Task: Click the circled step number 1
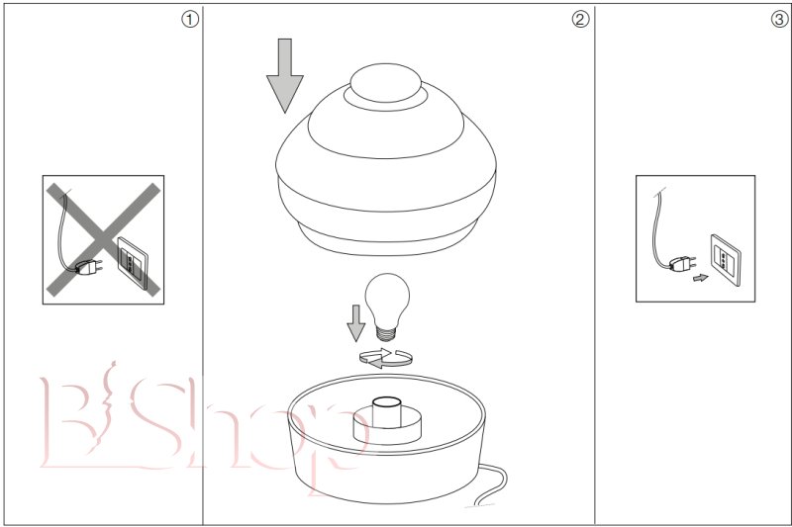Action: tap(189, 20)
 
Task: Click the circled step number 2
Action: tap(580, 20)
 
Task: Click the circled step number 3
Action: tap(779, 20)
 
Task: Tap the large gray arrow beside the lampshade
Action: tap(285, 76)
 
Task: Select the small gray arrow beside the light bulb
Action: tap(356, 323)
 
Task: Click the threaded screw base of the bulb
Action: tap(386, 333)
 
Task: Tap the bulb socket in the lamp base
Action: tap(387, 413)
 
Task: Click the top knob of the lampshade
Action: tap(385, 83)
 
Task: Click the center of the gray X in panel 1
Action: tap(103, 239)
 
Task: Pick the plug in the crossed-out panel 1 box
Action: tap(88, 267)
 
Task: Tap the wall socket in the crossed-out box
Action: tap(133, 263)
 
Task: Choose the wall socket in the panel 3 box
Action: tap(726, 260)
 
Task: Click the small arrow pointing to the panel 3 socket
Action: tap(701, 278)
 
